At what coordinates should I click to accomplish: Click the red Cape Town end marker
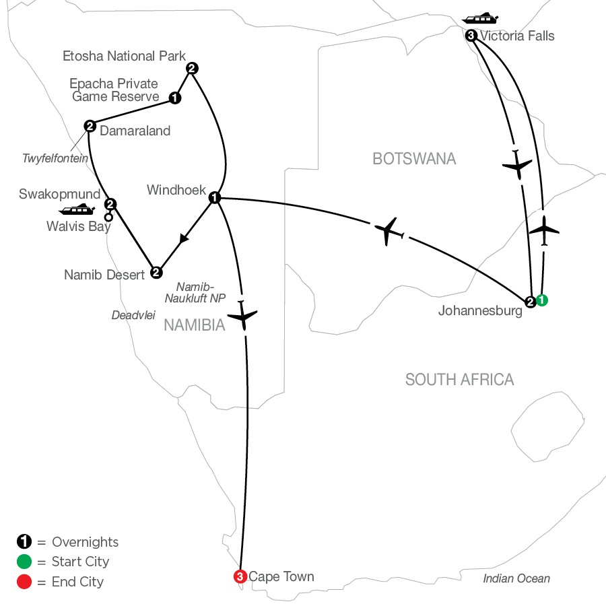(x=240, y=576)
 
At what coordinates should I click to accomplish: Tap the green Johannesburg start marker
(x=542, y=300)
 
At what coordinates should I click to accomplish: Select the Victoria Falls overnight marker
(x=471, y=36)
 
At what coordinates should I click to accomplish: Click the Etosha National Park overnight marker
(x=192, y=69)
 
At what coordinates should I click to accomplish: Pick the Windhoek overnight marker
(x=215, y=197)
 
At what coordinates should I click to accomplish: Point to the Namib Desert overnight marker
(x=156, y=273)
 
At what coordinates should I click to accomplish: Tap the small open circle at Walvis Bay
(x=108, y=217)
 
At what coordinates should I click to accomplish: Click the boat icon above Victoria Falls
(x=480, y=18)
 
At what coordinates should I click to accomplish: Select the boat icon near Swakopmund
(x=77, y=209)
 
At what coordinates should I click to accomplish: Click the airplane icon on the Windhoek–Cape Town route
(x=242, y=315)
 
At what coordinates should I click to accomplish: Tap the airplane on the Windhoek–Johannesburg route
(x=389, y=232)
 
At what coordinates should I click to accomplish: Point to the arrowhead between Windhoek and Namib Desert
(x=184, y=238)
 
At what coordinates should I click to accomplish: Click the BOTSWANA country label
(x=414, y=159)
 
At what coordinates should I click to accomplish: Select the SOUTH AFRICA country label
(x=459, y=380)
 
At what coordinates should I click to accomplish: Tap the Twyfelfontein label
(x=55, y=158)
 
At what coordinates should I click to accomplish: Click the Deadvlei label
(x=133, y=315)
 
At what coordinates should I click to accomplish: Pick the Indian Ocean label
(x=516, y=578)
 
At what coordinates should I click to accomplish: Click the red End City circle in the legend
(x=24, y=582)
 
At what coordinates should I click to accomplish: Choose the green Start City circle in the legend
(x=24, y=562)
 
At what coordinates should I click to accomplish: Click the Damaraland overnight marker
(x=90, y=126)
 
